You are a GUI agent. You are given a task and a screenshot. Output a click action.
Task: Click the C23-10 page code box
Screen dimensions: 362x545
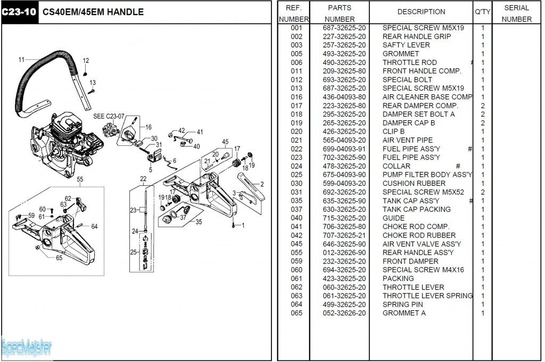coord(19,12)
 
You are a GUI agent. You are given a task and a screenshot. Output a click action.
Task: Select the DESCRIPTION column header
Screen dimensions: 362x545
coord(421,12)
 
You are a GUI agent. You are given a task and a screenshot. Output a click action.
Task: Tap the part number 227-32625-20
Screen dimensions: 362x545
coord(344,37)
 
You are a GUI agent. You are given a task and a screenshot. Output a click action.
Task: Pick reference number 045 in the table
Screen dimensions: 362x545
coord(296,244)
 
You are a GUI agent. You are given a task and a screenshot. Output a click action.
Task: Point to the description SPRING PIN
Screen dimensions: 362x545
coord(403,305)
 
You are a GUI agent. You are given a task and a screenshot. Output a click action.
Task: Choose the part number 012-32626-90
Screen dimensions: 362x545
coord(344,252)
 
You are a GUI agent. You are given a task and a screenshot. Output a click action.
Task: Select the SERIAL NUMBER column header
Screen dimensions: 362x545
coord(516,13)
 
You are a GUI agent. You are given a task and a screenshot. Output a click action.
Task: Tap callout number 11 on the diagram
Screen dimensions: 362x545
coord(22,60)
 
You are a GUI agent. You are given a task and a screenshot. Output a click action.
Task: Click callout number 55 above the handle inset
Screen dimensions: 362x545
coord(80,180)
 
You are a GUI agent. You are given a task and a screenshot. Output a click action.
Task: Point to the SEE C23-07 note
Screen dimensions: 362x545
coord(109,116)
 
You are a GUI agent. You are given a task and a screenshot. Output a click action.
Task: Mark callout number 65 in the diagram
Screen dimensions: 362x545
coord(59,258)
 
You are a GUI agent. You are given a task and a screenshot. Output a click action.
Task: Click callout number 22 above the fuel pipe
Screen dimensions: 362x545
coord(143,178)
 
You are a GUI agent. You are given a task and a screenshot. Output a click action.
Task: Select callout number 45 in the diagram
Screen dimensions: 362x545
coord(225,142)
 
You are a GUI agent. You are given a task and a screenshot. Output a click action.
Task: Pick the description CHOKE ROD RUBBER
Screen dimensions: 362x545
coord(419,235)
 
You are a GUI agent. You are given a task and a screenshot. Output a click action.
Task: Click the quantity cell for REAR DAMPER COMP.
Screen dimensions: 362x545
coord(483,105)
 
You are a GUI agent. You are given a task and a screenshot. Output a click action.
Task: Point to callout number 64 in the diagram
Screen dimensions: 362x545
coord(94,226)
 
